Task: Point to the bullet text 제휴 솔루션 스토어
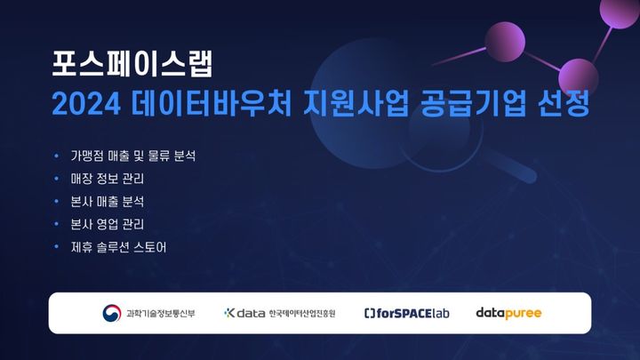click(119, 246)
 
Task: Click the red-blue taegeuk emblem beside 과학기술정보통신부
click(113, 313)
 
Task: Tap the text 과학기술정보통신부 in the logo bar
click(161, 314)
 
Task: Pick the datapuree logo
click(508, 313)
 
